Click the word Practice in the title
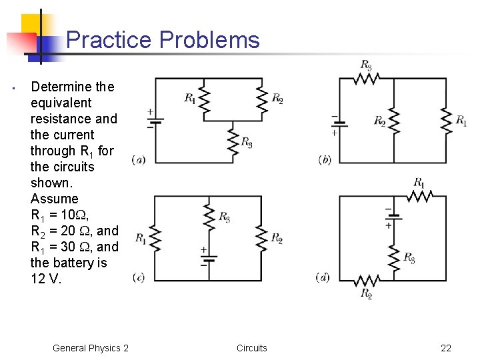pyautogui.click(x=109, y=40)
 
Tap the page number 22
pyautogui.click(x=446, y=348)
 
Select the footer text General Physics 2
pyautogui.click(x=91, y=348)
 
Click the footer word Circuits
pyautogui.click(x=252, y=348)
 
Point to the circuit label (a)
pyautogui.click(x=139, y=159)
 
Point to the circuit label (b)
pyautogui.click(x=325, y=159)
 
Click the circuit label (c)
pyautogui.click(x=139, y=277)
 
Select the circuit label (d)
pyautogui.click(x=323, y=277)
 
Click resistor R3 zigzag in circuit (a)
pyautogui.click(x=232, y=140)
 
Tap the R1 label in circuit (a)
pyautogui.click(x=190, y=99)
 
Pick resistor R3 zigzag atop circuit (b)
pyautogui.click(x=366, y=79)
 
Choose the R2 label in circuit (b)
pyautogui.click(x=379, y=121)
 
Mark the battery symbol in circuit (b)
pyautogui.click(x=339, y=124)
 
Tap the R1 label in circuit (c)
pyautogui.click(x=141, y=238)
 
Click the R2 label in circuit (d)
pyautogui.click(x=366, y=293)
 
